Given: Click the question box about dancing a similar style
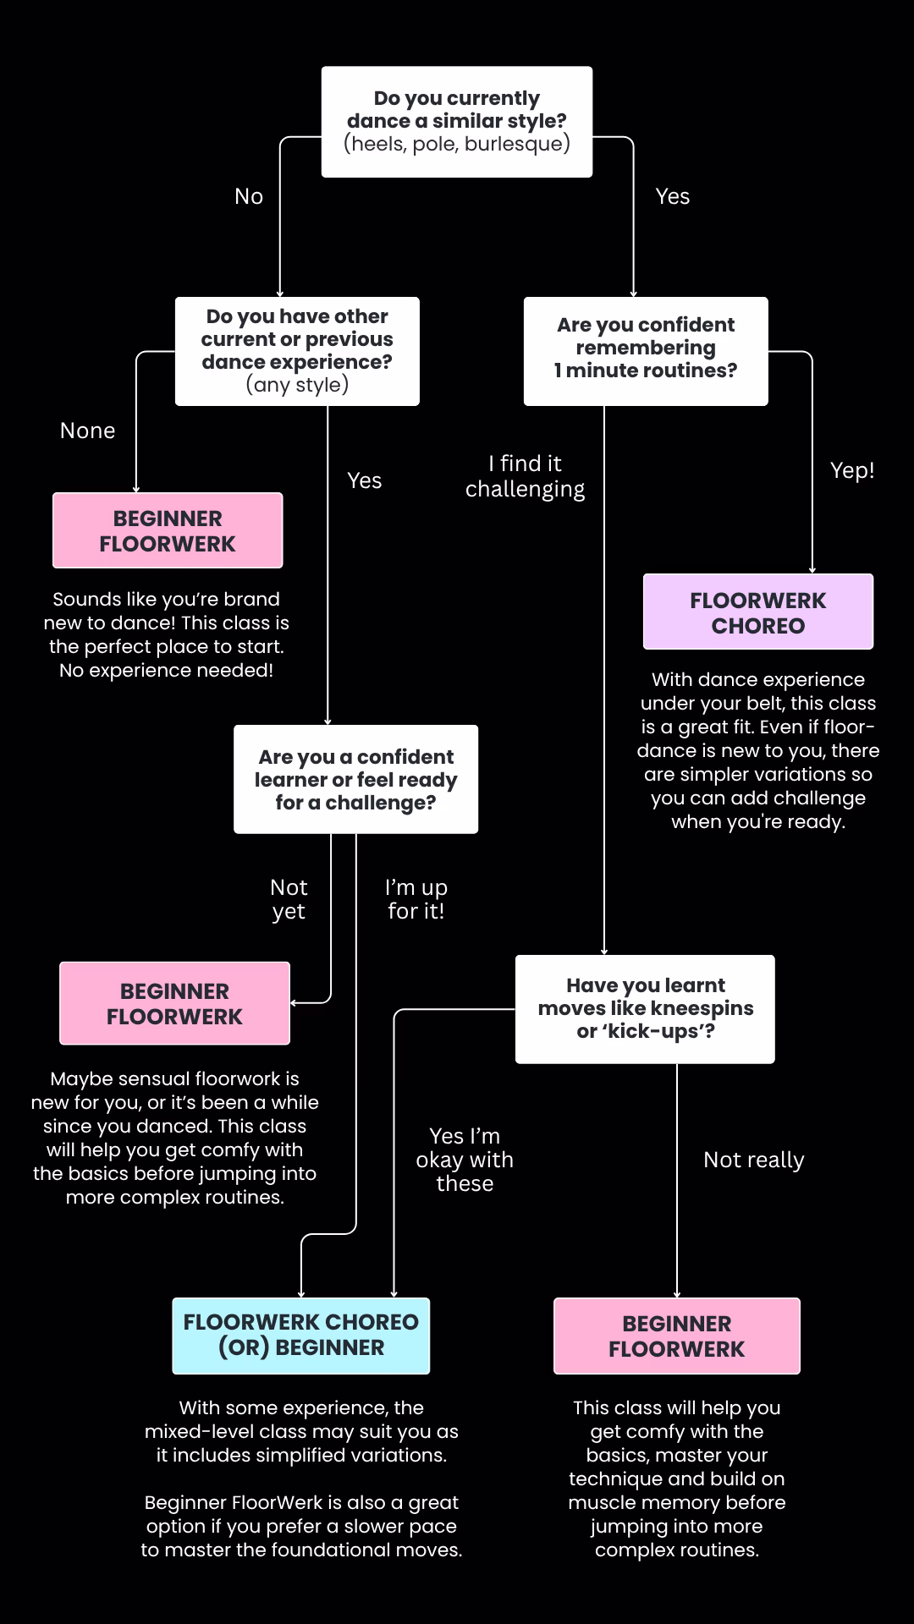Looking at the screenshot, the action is tap(457, 122).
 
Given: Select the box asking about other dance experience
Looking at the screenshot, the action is tap(297, 351).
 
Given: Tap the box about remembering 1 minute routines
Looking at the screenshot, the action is tap(646, 351).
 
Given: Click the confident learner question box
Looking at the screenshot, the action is tap(356, 779).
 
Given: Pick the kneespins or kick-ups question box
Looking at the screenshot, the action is tap(645, 1009).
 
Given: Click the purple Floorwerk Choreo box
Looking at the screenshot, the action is tap(758, 612).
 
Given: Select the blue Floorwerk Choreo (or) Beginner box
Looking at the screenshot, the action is tap(301, 1336).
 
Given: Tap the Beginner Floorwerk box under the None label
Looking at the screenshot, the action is tap(168, 530).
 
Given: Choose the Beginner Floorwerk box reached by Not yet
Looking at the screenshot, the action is tap(174, 1003).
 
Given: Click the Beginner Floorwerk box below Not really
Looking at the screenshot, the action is tap(677, 1336).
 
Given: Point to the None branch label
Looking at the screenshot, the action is tap(88, 431).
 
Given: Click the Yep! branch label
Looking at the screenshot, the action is tap(852, 470).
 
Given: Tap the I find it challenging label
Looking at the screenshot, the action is tap(526, 476).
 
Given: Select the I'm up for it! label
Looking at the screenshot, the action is tap(416, 899).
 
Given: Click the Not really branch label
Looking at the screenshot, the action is tap(754, 1160).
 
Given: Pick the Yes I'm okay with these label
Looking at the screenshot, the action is tap(465, 1160).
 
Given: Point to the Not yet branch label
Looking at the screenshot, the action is tap(289, 899).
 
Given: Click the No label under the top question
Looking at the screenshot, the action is tap(249, 196).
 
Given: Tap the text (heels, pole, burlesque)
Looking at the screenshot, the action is tap(457, 144).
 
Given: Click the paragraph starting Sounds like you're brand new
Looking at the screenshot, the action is tap(167, 634).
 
